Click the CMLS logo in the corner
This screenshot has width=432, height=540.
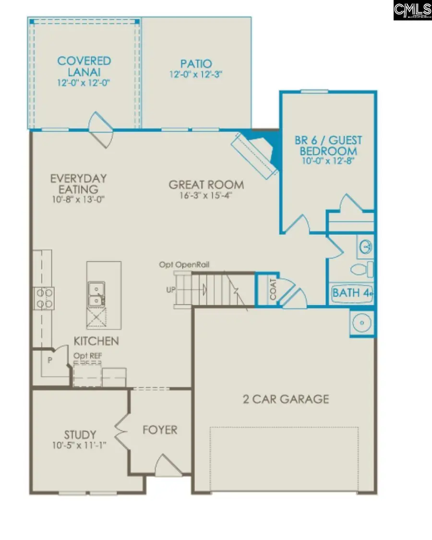coord(412,10)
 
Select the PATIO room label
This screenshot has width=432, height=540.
coord(196,63)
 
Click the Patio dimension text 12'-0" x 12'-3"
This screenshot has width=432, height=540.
coord(196,74)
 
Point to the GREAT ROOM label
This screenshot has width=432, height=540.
coord(206,184)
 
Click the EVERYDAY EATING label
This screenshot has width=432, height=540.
coord(79,183)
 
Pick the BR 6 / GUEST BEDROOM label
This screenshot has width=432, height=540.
coord(328,146)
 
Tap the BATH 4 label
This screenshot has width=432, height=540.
coord(352,293)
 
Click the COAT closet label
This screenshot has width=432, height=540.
coord(273,290)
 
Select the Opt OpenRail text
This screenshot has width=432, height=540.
coord(185,264)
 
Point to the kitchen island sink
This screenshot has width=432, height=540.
coord(97,294)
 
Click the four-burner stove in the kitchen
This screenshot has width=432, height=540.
coord(43,298)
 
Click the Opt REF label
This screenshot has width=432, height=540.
coord(87,355)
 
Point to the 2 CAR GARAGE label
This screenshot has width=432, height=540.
coord(286,399)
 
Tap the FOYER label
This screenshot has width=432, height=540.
coord(160,430)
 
